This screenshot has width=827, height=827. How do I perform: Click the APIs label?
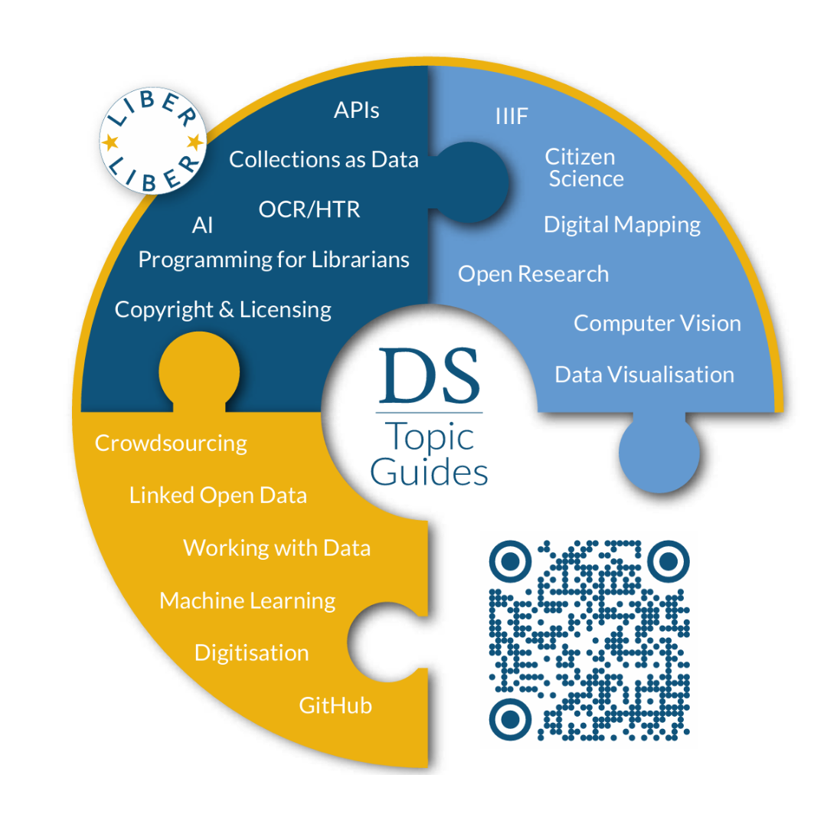click(x=356, y=110)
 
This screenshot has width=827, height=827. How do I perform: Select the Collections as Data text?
click(x=324, y=159)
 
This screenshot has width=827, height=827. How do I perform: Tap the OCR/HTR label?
click(x=309, y=209)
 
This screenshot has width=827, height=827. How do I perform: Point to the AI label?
click(x=202, y=226)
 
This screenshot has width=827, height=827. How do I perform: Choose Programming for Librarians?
click(x=273, y=260)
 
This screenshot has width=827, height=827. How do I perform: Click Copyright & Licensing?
click(x=223, y=309)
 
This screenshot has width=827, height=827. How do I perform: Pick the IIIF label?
click(x=512, y=117)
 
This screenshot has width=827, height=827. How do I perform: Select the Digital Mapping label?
click(x=622, y=224)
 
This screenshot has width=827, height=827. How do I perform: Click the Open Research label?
click(x=533, y=274)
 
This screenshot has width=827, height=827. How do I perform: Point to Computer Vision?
click(x=657, y=323)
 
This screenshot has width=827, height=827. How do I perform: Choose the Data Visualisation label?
click(x=644, y=374)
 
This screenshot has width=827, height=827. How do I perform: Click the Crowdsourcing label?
click(x=171, y=443)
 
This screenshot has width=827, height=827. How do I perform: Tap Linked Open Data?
click(x=217, y=495)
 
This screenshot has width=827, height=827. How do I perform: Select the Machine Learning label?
click(x=247, y=600)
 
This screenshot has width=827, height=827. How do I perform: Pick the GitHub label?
click(x=335, y=704)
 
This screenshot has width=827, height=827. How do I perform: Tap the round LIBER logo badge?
click(x=153, y=142)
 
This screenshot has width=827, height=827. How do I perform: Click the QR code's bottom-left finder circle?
click(x=509, y=717)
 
